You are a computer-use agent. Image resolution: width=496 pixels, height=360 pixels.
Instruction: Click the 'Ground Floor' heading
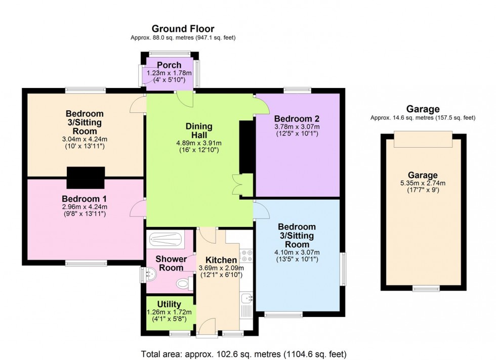pos(183,29)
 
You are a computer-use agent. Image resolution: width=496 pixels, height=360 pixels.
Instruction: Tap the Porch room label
pos(169,65)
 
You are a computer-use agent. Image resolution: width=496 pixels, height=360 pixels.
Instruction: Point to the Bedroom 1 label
pos(85,198)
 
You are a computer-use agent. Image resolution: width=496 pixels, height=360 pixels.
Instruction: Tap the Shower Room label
pos(171,263)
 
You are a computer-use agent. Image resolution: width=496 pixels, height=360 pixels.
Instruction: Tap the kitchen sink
pos(246,301)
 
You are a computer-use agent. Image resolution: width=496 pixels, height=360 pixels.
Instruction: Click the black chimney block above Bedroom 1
pos(86,177)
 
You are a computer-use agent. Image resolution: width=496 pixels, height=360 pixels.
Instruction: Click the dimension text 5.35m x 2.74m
pos(423,183)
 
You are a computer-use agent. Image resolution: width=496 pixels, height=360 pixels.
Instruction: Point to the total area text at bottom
pos(243,353)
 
